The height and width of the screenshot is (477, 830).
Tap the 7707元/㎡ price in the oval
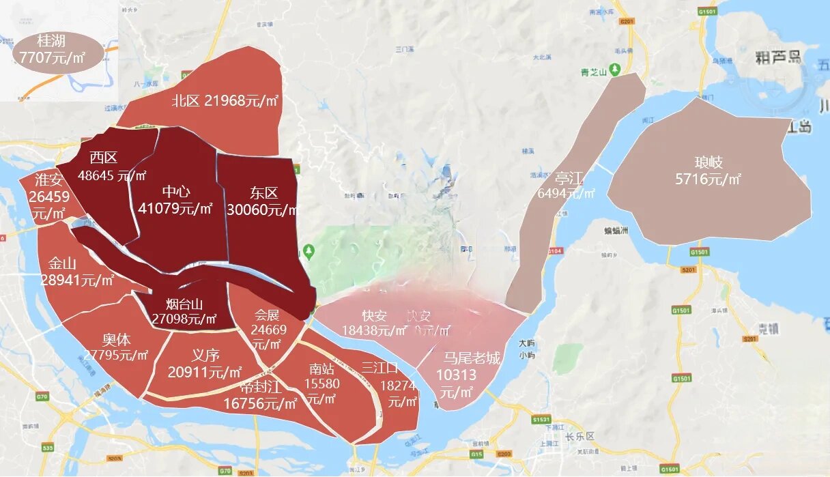click(x=53, y=58)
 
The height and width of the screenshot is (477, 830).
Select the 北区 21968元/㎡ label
click(x=226, y=101)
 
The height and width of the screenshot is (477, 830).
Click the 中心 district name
click(x=176, y=192)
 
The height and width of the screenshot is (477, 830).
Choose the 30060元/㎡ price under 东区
click(x=263, y=209)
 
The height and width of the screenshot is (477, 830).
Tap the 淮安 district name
click(x=49, y=180)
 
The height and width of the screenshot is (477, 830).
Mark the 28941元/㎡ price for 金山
click(x=77, y=280)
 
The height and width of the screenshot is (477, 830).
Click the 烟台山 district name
click(x=184, y=304)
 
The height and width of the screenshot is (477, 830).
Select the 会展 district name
click(x=268, y=315)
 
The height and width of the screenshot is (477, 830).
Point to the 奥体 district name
click(x=116, y=340)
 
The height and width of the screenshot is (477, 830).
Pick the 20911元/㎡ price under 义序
click(x=205, y=372)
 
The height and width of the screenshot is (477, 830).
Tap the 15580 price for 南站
click(x=322, y=384)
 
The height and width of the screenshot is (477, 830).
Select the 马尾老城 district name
click(x=472, y=358)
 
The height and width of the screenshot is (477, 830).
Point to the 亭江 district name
click(x=569, y=179)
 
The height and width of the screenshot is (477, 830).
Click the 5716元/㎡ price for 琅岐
click(x=708, y=179)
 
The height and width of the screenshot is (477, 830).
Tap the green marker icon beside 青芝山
click(x=615, y=70)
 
